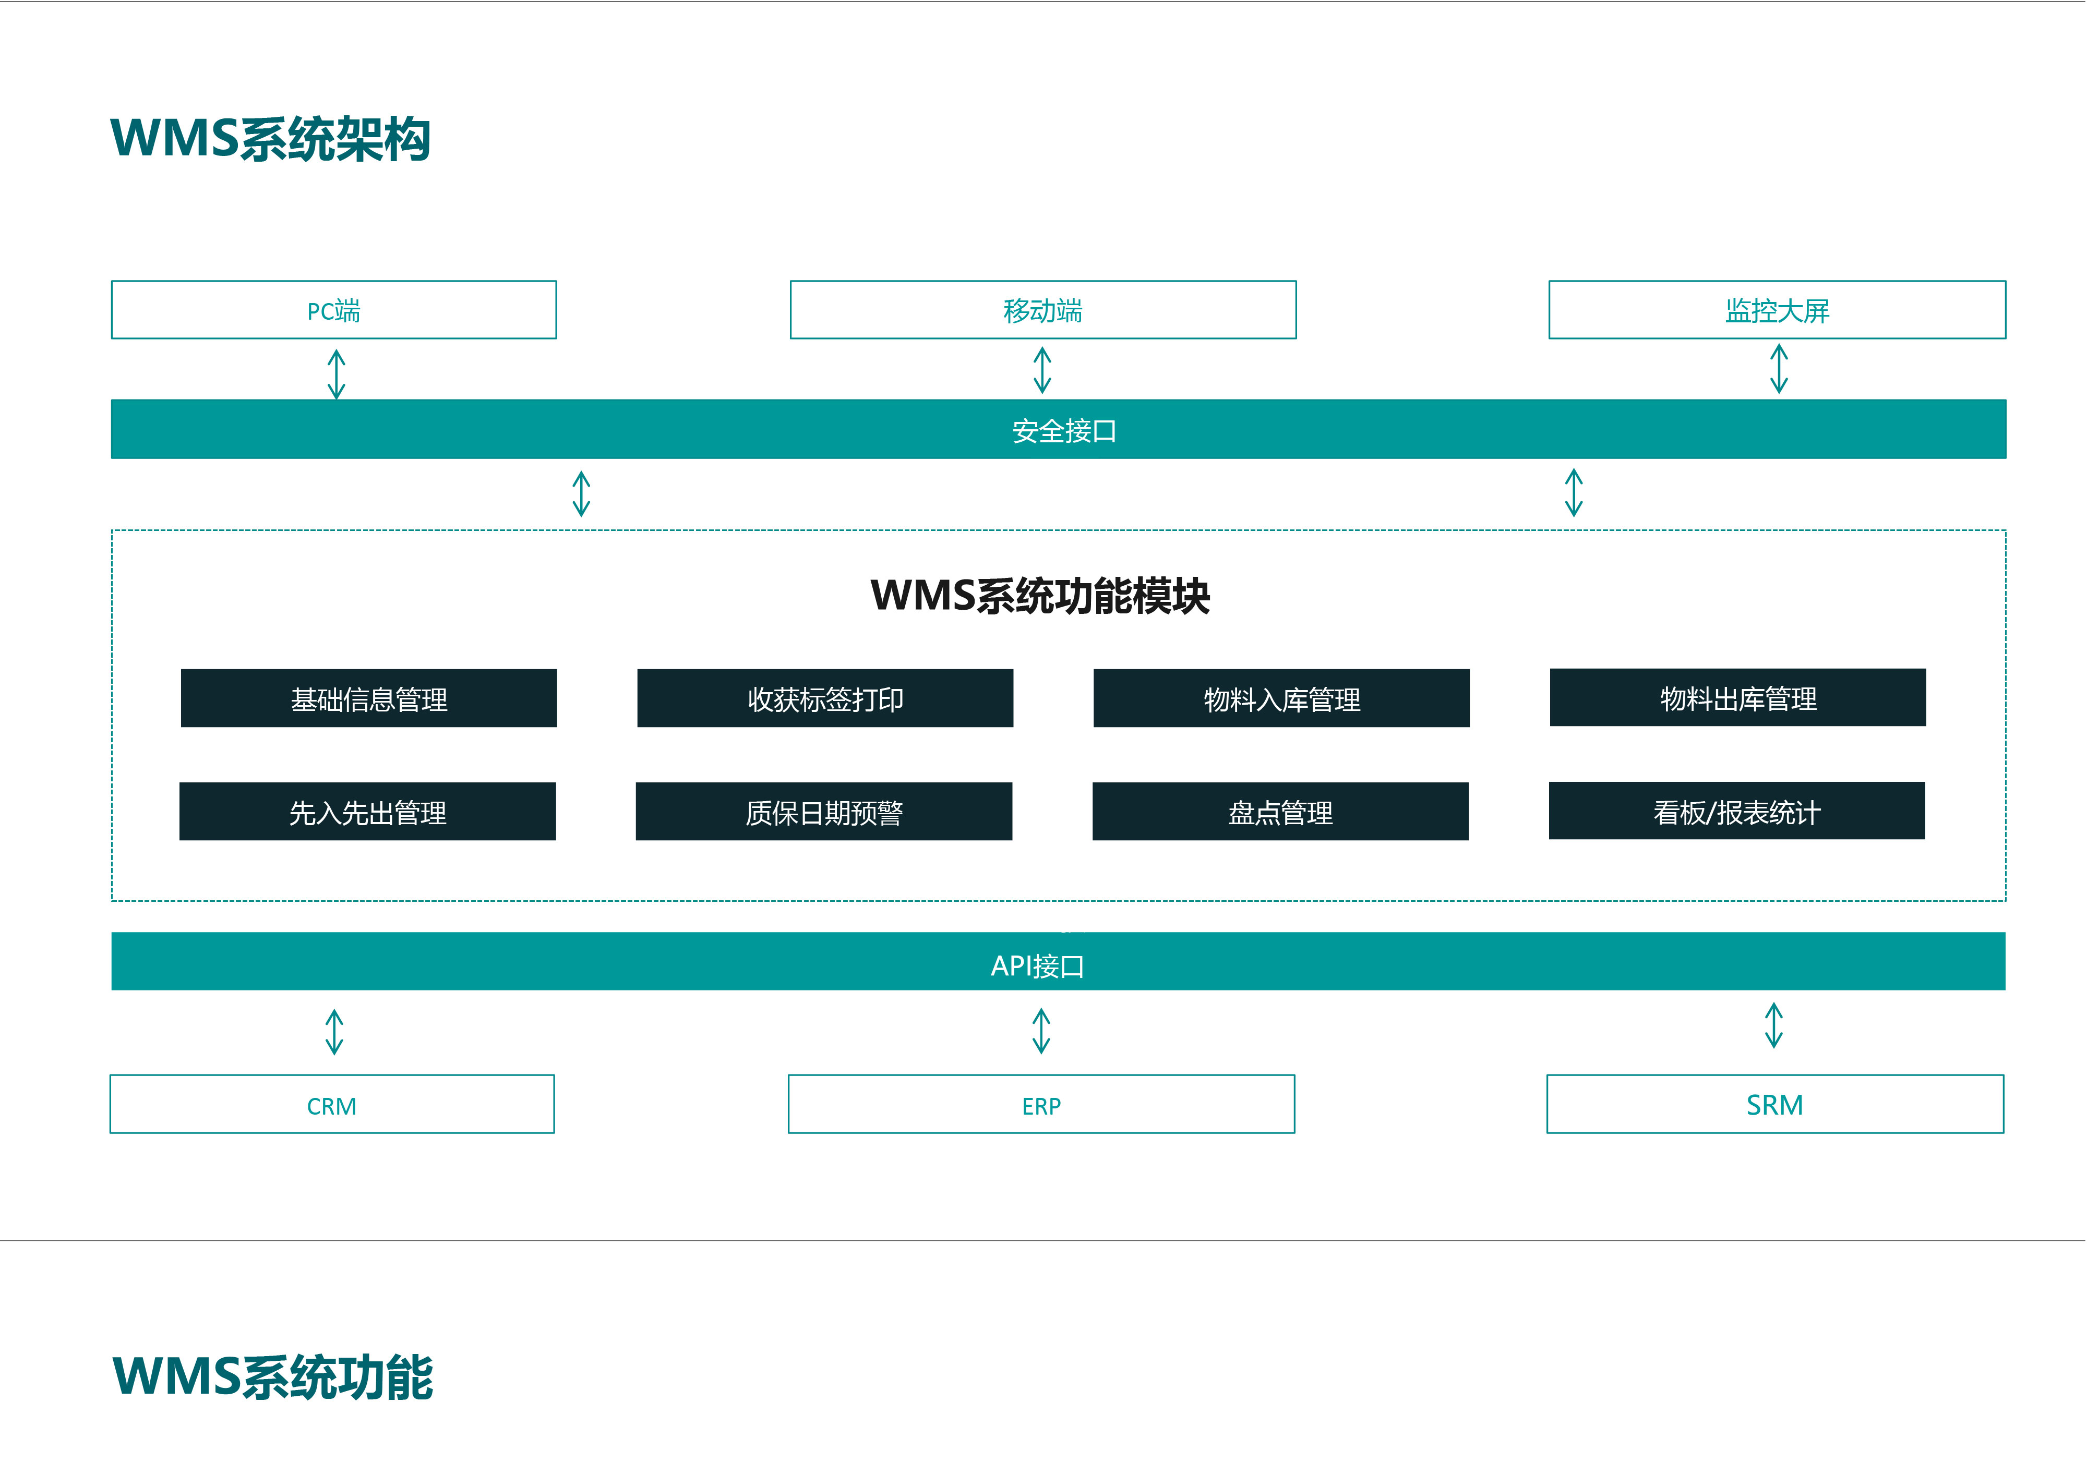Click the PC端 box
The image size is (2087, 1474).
333,310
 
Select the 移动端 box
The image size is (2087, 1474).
1042,310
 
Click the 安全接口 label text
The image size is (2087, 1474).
1063,431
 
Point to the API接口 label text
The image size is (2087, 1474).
1037,965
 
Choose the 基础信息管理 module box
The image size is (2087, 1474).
368,698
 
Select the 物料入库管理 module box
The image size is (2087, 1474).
1281,698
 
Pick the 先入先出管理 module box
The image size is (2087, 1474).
367,812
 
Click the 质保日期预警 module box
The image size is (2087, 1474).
823,812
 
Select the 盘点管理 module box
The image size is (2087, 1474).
1280,812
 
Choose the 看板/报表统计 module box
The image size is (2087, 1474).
1736,811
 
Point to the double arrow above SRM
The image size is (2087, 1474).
1773,1025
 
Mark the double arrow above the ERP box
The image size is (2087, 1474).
1042,1031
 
